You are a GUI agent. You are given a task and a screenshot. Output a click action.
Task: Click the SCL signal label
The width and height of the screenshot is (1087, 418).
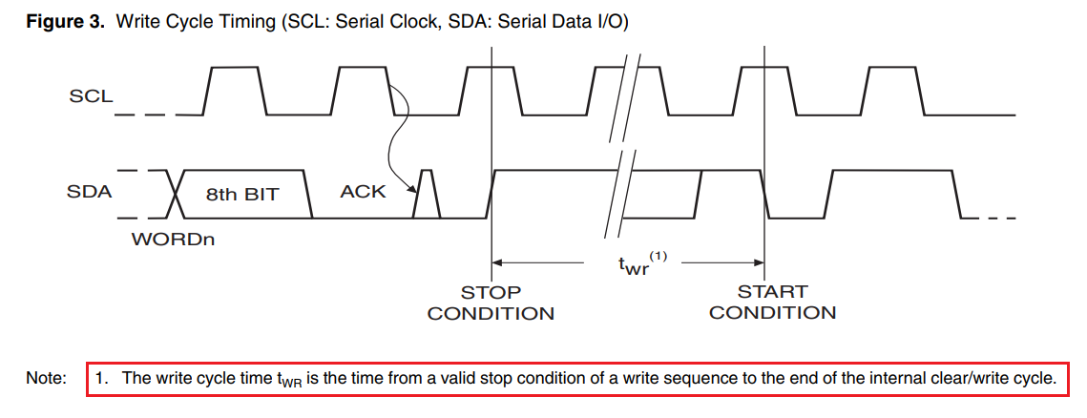pyautogui.click(x=91, y=96)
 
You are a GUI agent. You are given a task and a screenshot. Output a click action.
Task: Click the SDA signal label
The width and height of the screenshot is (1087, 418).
pyautogui.click(x=90, y=192)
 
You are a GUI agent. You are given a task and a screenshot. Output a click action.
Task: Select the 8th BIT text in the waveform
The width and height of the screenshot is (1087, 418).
pyautogui.click(x=242, y=194)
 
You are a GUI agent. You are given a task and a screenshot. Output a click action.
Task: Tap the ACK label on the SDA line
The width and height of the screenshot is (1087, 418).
pyautogui.click(x=363, y=192)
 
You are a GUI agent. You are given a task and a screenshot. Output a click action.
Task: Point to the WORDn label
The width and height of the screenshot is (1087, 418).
pyautogui.click(x=173, y=240)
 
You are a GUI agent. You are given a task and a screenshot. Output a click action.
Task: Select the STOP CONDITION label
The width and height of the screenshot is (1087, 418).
pyautogui.click(x=491, y=303)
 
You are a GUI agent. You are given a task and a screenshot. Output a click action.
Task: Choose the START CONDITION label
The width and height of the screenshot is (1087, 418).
pyautogui.click(x=772, y=303)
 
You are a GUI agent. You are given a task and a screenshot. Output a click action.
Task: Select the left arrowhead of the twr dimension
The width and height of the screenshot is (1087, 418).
pyautogui.click(x=497, y=262)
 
